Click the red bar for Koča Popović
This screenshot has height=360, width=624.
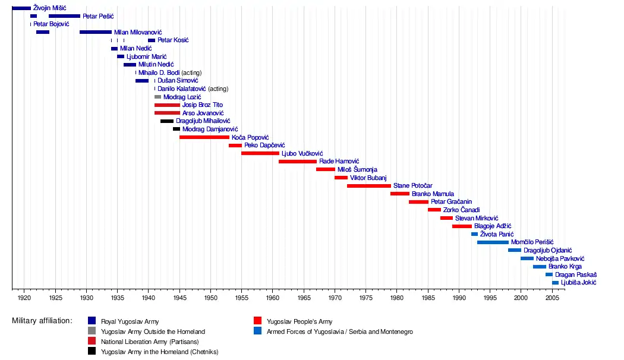point(204,137)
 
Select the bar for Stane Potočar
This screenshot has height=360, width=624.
point(368,186)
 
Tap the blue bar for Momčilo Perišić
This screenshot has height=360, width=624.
point(493,242)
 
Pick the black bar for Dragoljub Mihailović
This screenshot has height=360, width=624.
point(166,121)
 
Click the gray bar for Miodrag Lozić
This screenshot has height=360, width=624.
point(157,97)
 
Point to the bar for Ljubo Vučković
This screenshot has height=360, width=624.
point(260,153)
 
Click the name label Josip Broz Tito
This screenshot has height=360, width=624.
point(203,105)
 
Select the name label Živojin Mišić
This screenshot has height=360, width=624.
point(50,8)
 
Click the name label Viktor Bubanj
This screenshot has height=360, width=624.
point(368,178)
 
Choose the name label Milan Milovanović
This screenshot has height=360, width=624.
point(138,32)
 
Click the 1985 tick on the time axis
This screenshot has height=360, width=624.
point(428,290)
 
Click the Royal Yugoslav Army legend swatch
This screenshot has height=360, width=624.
point(92,321)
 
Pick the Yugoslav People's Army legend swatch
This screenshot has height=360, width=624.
point(257,321)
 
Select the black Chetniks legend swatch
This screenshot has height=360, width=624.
point(92,352)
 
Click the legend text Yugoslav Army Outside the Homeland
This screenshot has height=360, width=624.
point(153,331)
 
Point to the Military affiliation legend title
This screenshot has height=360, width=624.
point(42,321)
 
